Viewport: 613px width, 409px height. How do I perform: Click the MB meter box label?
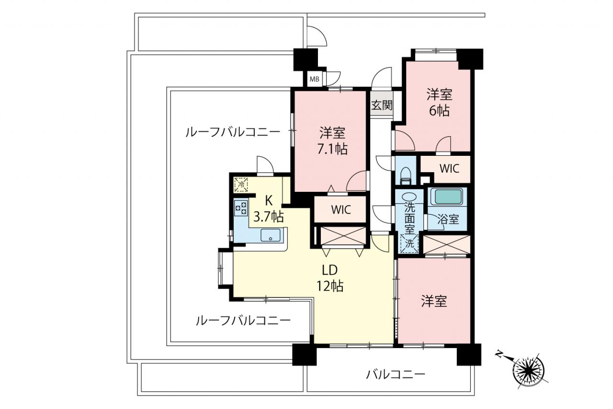click(x=315, y=79)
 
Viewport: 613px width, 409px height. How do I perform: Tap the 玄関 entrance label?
click(x=382, y=105)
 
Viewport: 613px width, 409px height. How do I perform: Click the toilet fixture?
click(x=405, y=176)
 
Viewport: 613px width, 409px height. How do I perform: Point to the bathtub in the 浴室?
click(x=448, y=197)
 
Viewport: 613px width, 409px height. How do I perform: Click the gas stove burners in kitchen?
click(x=241, y=208)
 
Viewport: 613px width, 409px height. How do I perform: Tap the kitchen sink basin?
click(x=271, y=235)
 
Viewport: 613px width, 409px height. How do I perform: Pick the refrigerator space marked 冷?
click(x=241, y=185)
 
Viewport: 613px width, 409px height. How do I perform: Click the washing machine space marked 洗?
click(x=409, y=243)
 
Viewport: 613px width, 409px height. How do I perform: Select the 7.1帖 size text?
click(x=333, y=149)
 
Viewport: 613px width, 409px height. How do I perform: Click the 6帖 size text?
click(x=440, y=111)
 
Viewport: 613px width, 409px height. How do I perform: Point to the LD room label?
click(x=329, y=270)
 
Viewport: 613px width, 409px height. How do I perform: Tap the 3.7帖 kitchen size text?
click(x=269, y=218)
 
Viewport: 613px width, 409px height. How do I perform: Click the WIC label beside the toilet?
click(x=449, y=168)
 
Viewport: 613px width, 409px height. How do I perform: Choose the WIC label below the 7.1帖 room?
click(x=341, y=210)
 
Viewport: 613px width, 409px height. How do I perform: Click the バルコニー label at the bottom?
click(x=396, y=374)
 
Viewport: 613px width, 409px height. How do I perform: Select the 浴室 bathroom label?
click(x=448, y=220)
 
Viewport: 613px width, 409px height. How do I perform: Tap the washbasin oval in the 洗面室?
click(x=409, y=197)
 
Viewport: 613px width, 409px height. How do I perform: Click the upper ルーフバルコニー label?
click(x=233, y=133)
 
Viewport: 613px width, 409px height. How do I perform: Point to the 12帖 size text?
click(x=330, y=287)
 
